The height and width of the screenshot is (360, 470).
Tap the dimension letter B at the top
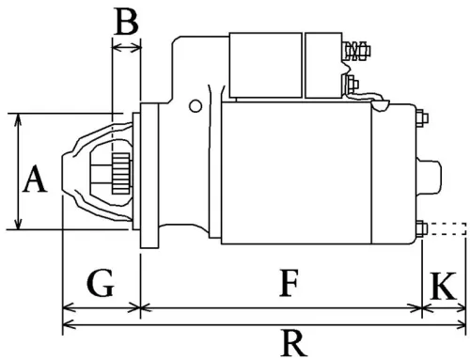125,23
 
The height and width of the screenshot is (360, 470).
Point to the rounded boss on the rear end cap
431,174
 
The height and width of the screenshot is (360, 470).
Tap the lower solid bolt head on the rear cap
420,227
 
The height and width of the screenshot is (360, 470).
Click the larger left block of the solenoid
267,64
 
